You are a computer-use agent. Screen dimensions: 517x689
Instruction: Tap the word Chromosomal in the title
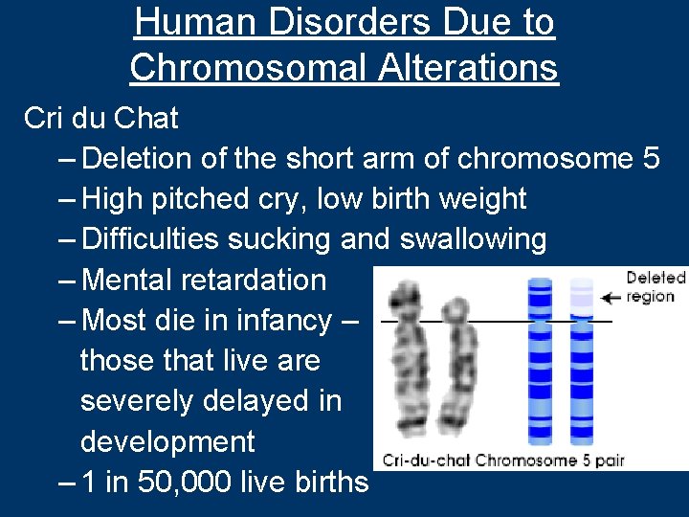click(246, 67)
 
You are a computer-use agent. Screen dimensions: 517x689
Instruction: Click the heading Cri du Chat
click(101, 119)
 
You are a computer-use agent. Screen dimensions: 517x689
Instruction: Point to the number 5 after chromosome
click(650, 159)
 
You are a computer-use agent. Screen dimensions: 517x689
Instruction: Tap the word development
click(167, 441)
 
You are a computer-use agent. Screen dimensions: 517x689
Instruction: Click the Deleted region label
click(656, 286)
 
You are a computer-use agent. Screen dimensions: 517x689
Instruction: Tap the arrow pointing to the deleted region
click(609, 298)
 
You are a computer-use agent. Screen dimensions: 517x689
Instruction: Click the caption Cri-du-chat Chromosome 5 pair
click(503, 460)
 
